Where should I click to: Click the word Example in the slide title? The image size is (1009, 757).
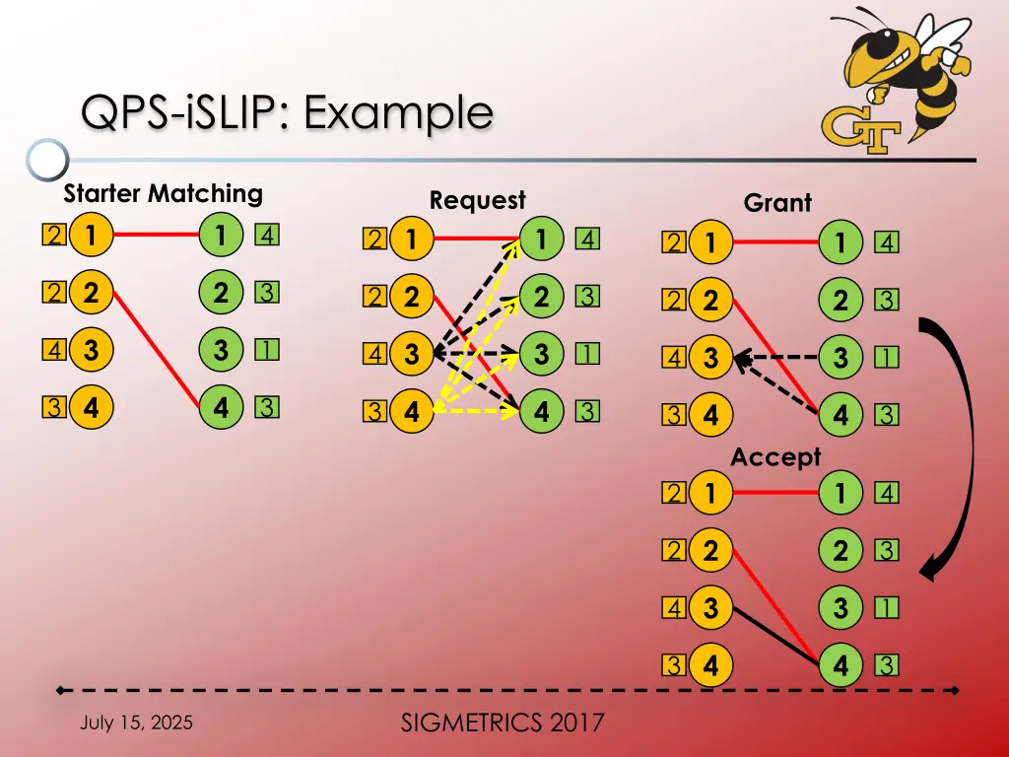(398, 112)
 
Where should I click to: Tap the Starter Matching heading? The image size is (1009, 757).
(163, 193)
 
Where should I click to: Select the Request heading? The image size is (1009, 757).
(478, 200)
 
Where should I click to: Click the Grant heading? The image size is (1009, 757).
(777, 203)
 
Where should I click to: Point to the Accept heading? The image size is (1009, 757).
(776, 457)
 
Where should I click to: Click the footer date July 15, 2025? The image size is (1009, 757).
(136, 723)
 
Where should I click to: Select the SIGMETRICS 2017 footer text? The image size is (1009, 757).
(503, 723)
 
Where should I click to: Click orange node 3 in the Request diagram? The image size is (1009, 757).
(412, 354)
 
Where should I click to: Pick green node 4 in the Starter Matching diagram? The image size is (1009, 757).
(221, 407)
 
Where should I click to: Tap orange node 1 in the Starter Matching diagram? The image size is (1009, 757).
(91, 235)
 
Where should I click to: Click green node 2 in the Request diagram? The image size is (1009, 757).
(541, 296)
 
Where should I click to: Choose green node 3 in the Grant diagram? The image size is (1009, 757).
(841, 357)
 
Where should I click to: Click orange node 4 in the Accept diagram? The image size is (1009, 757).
(710, 665)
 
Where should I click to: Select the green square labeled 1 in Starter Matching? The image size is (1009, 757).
(266, 350)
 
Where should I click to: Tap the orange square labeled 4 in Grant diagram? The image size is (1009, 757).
(674, 357)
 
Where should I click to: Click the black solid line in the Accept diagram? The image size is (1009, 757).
(776, 635)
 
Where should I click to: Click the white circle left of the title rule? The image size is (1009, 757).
(47, 159)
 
